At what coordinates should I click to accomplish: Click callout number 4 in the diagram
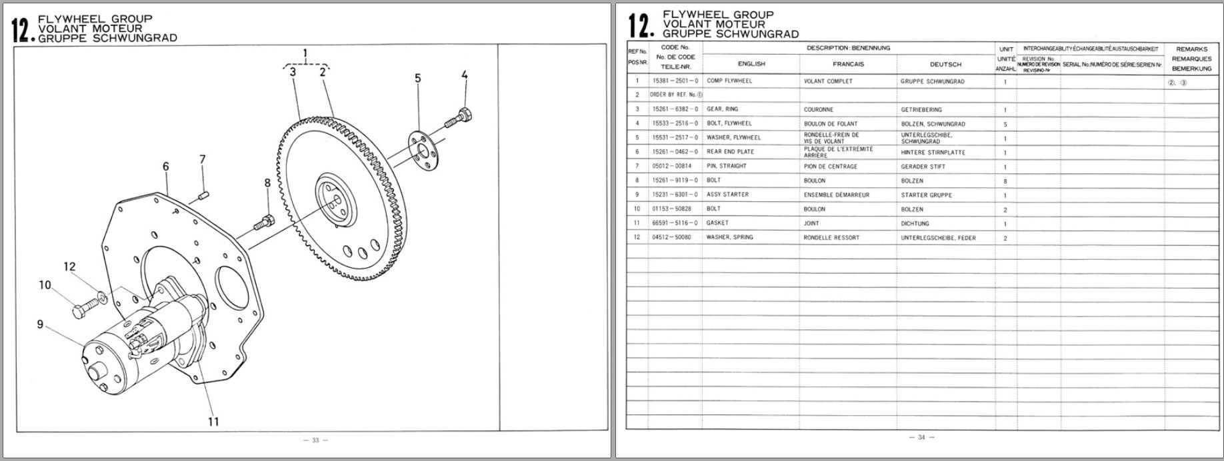pos(464,76)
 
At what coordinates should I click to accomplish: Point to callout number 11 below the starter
pos(213,421)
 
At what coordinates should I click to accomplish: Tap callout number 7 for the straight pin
pos(203,160)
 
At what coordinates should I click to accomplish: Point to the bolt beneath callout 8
pos(263,221)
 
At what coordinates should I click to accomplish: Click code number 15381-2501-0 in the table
pos(675,81)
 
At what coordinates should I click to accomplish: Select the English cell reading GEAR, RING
pos(722,109)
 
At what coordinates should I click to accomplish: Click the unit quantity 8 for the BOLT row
pos(1005,181)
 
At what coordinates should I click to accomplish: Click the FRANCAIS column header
pos(848,65)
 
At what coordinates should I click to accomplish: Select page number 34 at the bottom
pos(921,438)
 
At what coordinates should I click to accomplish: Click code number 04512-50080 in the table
pos(671,237)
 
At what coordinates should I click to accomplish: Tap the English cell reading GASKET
pos(717,223)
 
